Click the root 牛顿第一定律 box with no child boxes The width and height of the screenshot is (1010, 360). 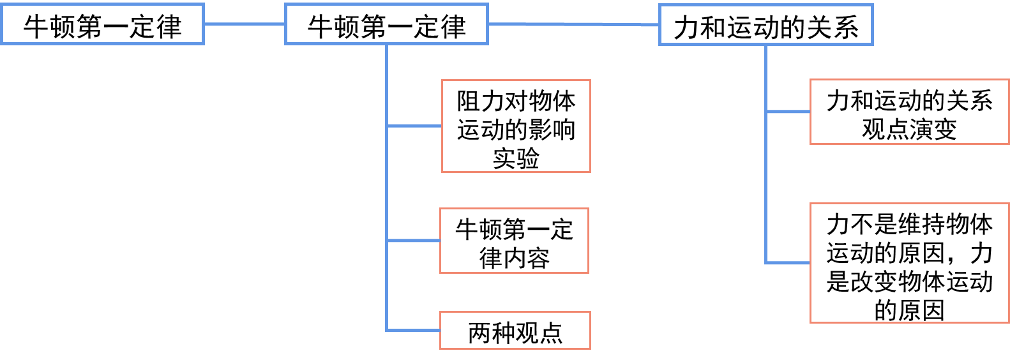(x=102, y=24)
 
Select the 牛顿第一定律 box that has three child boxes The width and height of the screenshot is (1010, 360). (x=386, y=24)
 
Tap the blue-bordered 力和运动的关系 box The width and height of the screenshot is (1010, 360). (x=765, y=26)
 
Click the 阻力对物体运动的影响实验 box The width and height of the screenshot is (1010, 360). (x=516, y=126)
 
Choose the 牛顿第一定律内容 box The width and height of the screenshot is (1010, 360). (x=514, y=241)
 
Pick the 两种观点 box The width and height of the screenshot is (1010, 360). (x=515, y=331)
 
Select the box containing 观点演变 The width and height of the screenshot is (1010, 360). (x=909, y=112)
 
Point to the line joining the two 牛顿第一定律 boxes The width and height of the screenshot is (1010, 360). (x=244, y=24)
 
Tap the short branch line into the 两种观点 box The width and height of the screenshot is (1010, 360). (x=413, y=330)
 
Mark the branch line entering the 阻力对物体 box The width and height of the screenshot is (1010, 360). (x=414, y=126)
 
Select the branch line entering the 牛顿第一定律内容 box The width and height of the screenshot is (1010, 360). (x=413, y=241)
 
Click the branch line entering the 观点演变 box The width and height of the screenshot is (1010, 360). (x=788, y=112)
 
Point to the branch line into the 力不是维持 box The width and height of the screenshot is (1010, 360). (x=788, y=262)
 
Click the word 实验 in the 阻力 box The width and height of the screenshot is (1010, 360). (x=516, y=158)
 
